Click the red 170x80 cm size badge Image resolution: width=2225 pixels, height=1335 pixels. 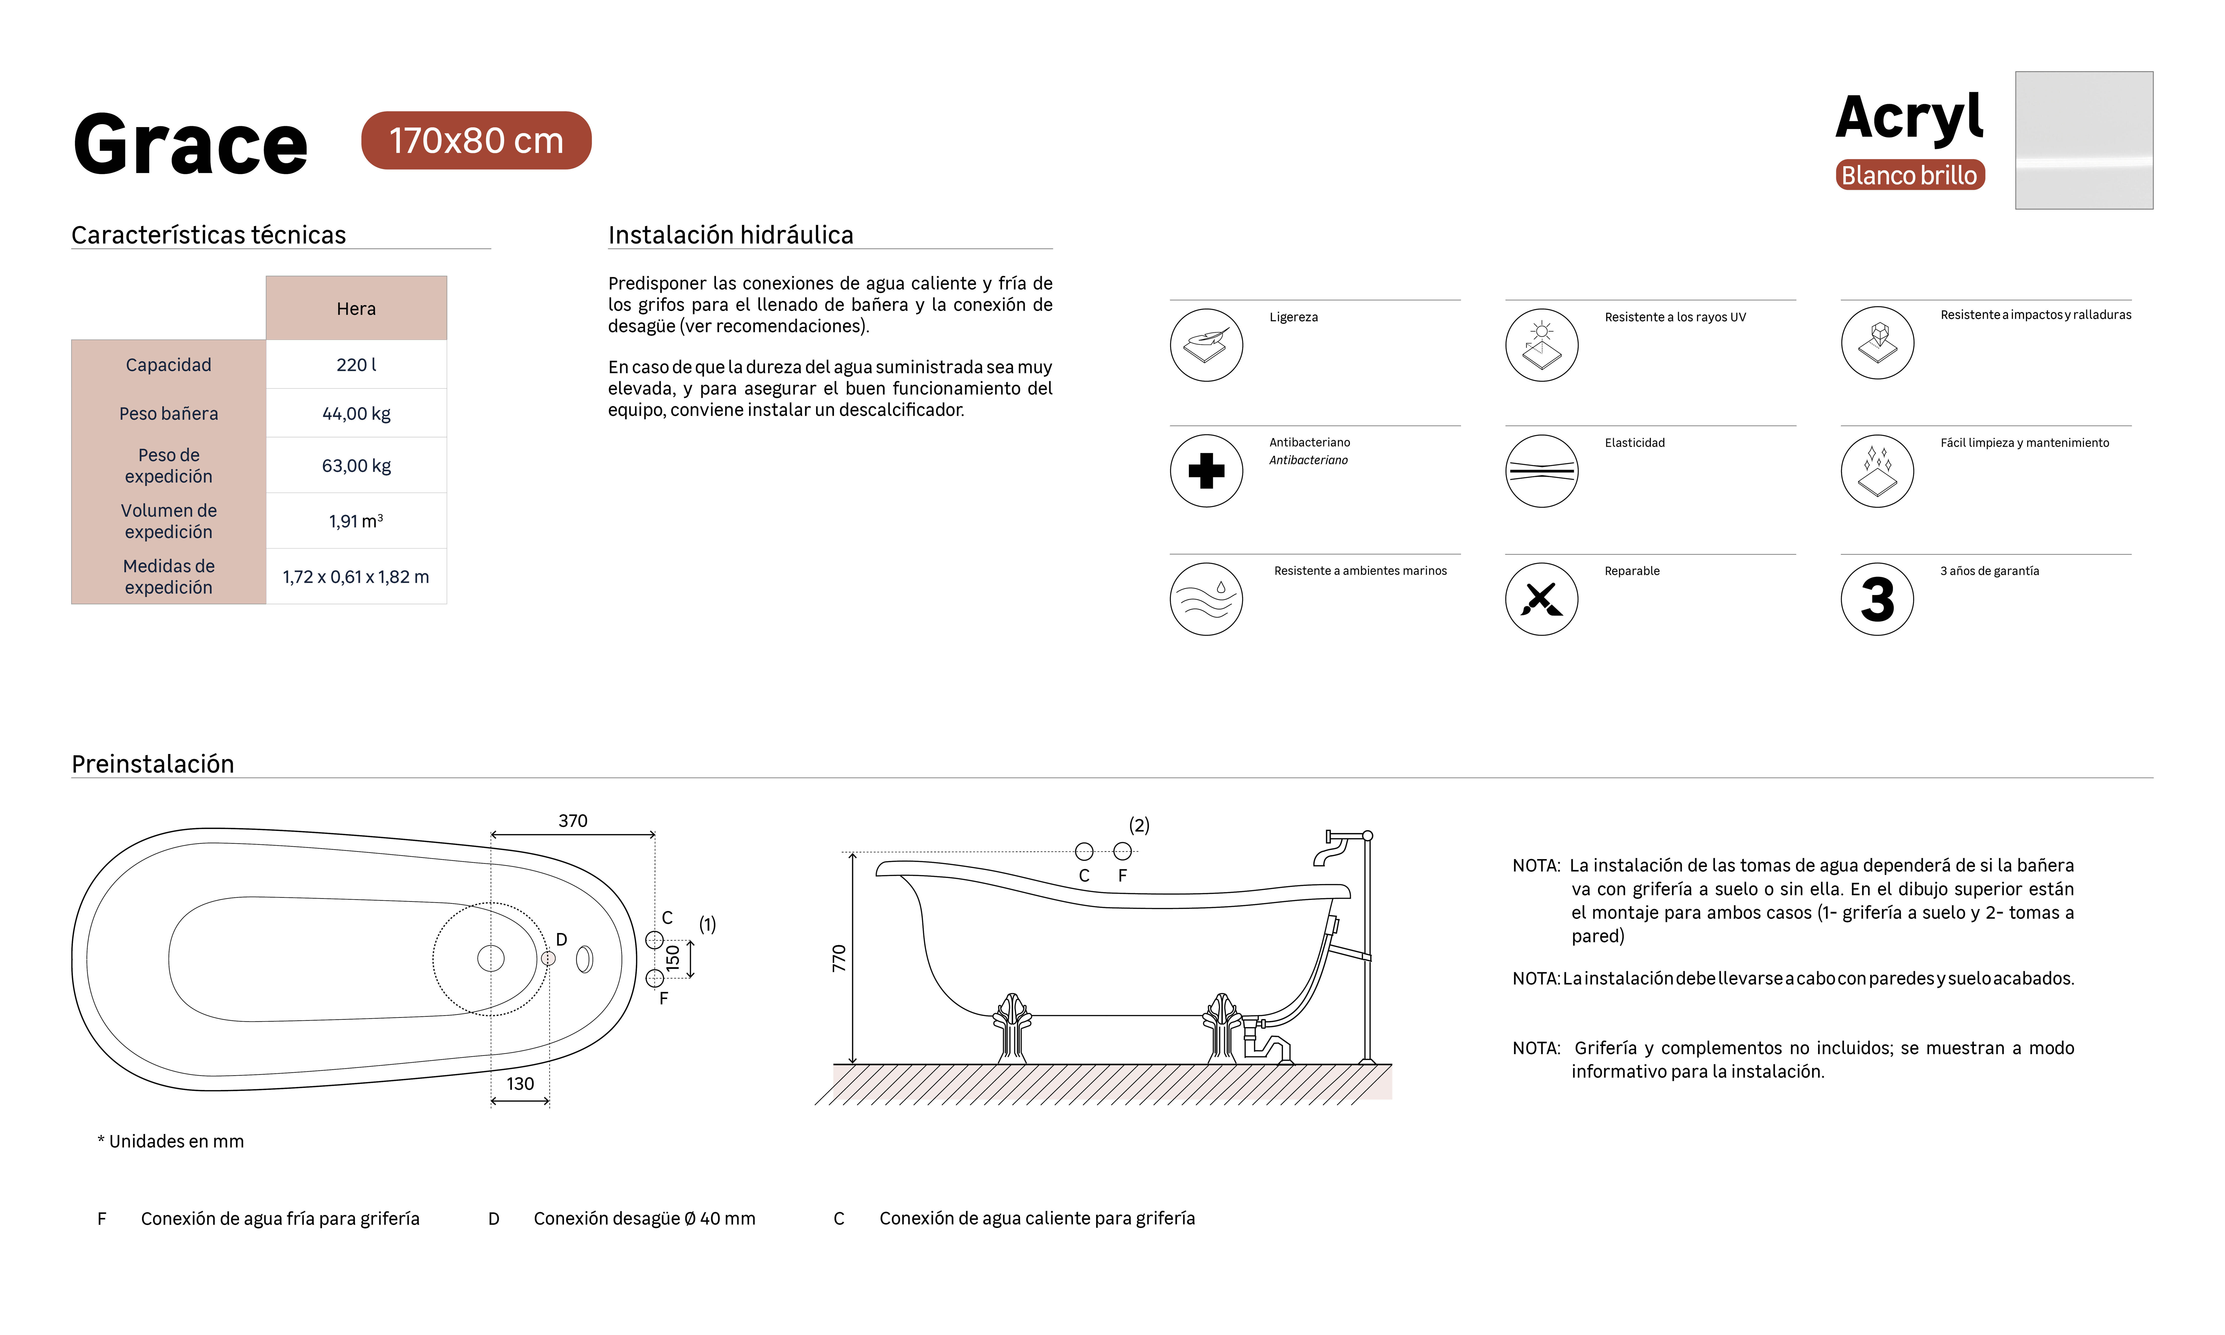(476, 140)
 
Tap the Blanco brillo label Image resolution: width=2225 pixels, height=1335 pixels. (1909, 175)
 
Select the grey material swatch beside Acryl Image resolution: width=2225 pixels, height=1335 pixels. (2084, 140)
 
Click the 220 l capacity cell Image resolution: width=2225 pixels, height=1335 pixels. (356, 364)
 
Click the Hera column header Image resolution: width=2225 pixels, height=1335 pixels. (356, 309)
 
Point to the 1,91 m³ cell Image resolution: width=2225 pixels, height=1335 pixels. (356, 521)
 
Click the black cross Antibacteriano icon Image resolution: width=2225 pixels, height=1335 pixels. (1206, 470)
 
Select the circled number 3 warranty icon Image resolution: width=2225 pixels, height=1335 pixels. (1877, 599)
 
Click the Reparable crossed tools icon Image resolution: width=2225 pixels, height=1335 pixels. (1541, 599)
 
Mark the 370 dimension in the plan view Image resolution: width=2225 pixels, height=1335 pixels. (573, 821)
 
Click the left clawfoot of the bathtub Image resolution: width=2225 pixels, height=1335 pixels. (1013, 1028)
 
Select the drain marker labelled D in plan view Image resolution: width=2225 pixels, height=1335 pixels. (548, 959)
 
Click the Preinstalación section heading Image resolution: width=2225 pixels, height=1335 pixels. (153, 764)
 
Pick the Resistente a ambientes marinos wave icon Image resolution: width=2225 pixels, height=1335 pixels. (1206, 599)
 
